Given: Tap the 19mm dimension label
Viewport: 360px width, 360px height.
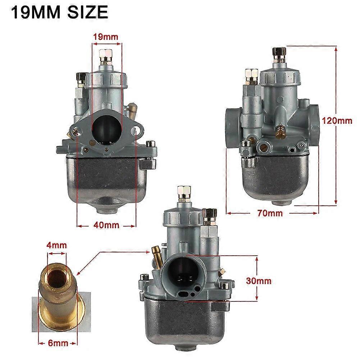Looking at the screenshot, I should click(x=106, y=36).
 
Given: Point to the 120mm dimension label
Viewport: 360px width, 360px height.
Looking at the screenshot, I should click(x=337, y=120).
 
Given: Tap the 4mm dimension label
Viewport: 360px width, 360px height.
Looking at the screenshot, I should click(x=57, y=245).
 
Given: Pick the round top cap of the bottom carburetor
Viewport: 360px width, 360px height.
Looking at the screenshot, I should click(x=182, y=217).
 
